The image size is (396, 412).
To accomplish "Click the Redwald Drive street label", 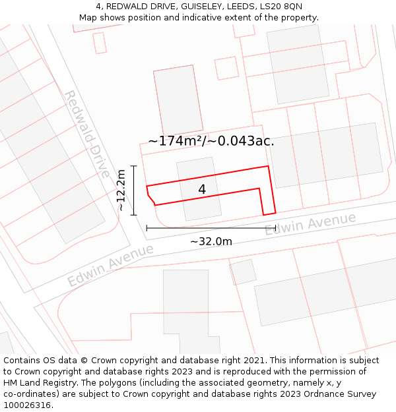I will click(86, 134).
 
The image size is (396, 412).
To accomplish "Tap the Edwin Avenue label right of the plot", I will click(310, 224).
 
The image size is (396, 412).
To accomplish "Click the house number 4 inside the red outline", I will click(202, 189).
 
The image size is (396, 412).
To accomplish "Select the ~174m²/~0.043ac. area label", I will click(211, 140).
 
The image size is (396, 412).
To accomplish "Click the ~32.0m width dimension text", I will click(211, 241).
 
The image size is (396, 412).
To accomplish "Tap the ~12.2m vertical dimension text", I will click(121, 190).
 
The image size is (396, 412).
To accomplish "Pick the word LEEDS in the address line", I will click(244, 6).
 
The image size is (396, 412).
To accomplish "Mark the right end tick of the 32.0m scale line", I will click(275, 228).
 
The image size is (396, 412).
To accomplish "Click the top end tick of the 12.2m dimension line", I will click(134, 166).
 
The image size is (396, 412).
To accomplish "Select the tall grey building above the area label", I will click(178, 99).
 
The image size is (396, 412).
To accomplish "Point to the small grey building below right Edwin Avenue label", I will click(243, 272).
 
